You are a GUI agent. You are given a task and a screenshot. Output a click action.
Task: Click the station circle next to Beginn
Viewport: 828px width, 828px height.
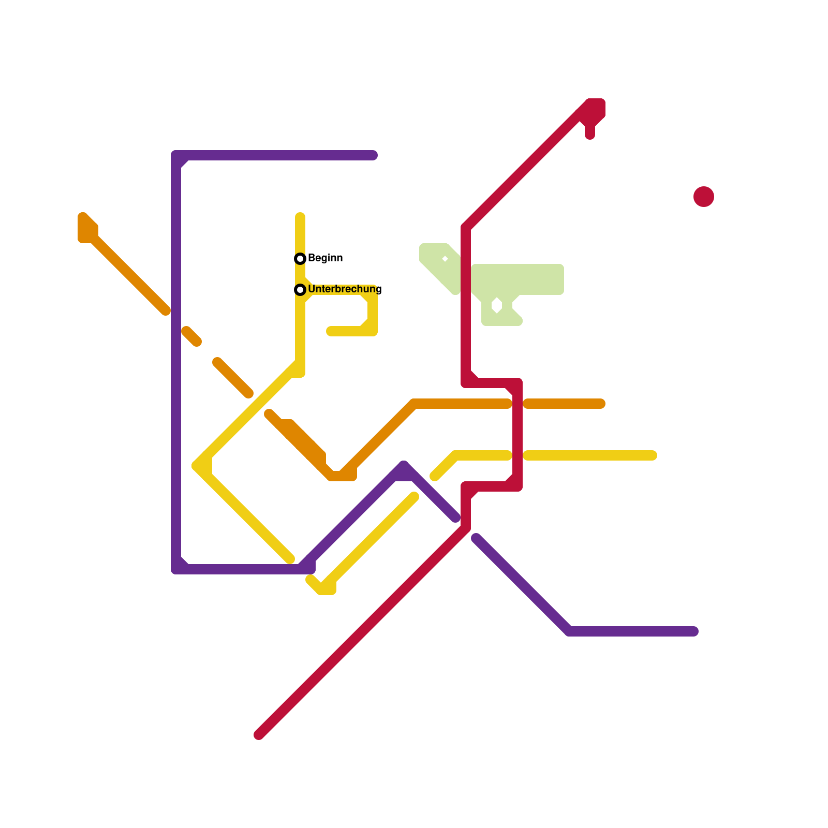click(300, 258)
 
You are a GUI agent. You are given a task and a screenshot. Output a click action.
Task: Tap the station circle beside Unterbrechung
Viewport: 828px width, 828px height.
click(300, 289)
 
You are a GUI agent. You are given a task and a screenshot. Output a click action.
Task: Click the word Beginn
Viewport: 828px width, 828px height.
click(325, 258)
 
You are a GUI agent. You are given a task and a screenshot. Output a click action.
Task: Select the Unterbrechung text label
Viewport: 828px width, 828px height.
click(345, 289)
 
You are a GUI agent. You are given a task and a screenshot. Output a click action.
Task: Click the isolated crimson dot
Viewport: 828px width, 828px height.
click(704, 197)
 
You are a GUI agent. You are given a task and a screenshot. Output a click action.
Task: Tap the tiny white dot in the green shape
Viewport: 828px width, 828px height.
click(445, 259)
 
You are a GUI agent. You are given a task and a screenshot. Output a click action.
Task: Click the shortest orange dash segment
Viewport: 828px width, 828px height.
click(191, 336)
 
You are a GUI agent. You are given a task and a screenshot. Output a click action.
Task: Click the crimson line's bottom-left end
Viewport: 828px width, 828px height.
click(259, 735)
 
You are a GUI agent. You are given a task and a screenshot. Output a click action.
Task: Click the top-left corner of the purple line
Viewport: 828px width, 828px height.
click(176, 155)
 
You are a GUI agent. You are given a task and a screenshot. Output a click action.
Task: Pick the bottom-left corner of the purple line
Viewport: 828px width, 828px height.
click(176, 569)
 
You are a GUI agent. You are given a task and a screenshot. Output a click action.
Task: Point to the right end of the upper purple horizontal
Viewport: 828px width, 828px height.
click(374, 155)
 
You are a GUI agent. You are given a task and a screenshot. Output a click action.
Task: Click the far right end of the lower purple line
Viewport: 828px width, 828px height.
click(694, 631)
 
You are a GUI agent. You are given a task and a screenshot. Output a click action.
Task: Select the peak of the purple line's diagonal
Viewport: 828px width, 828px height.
click(404, 466)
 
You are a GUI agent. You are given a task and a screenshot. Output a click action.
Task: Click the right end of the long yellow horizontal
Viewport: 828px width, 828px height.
click(653, 455)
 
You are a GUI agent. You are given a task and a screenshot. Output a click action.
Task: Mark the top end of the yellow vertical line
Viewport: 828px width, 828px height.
click(300, 216)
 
